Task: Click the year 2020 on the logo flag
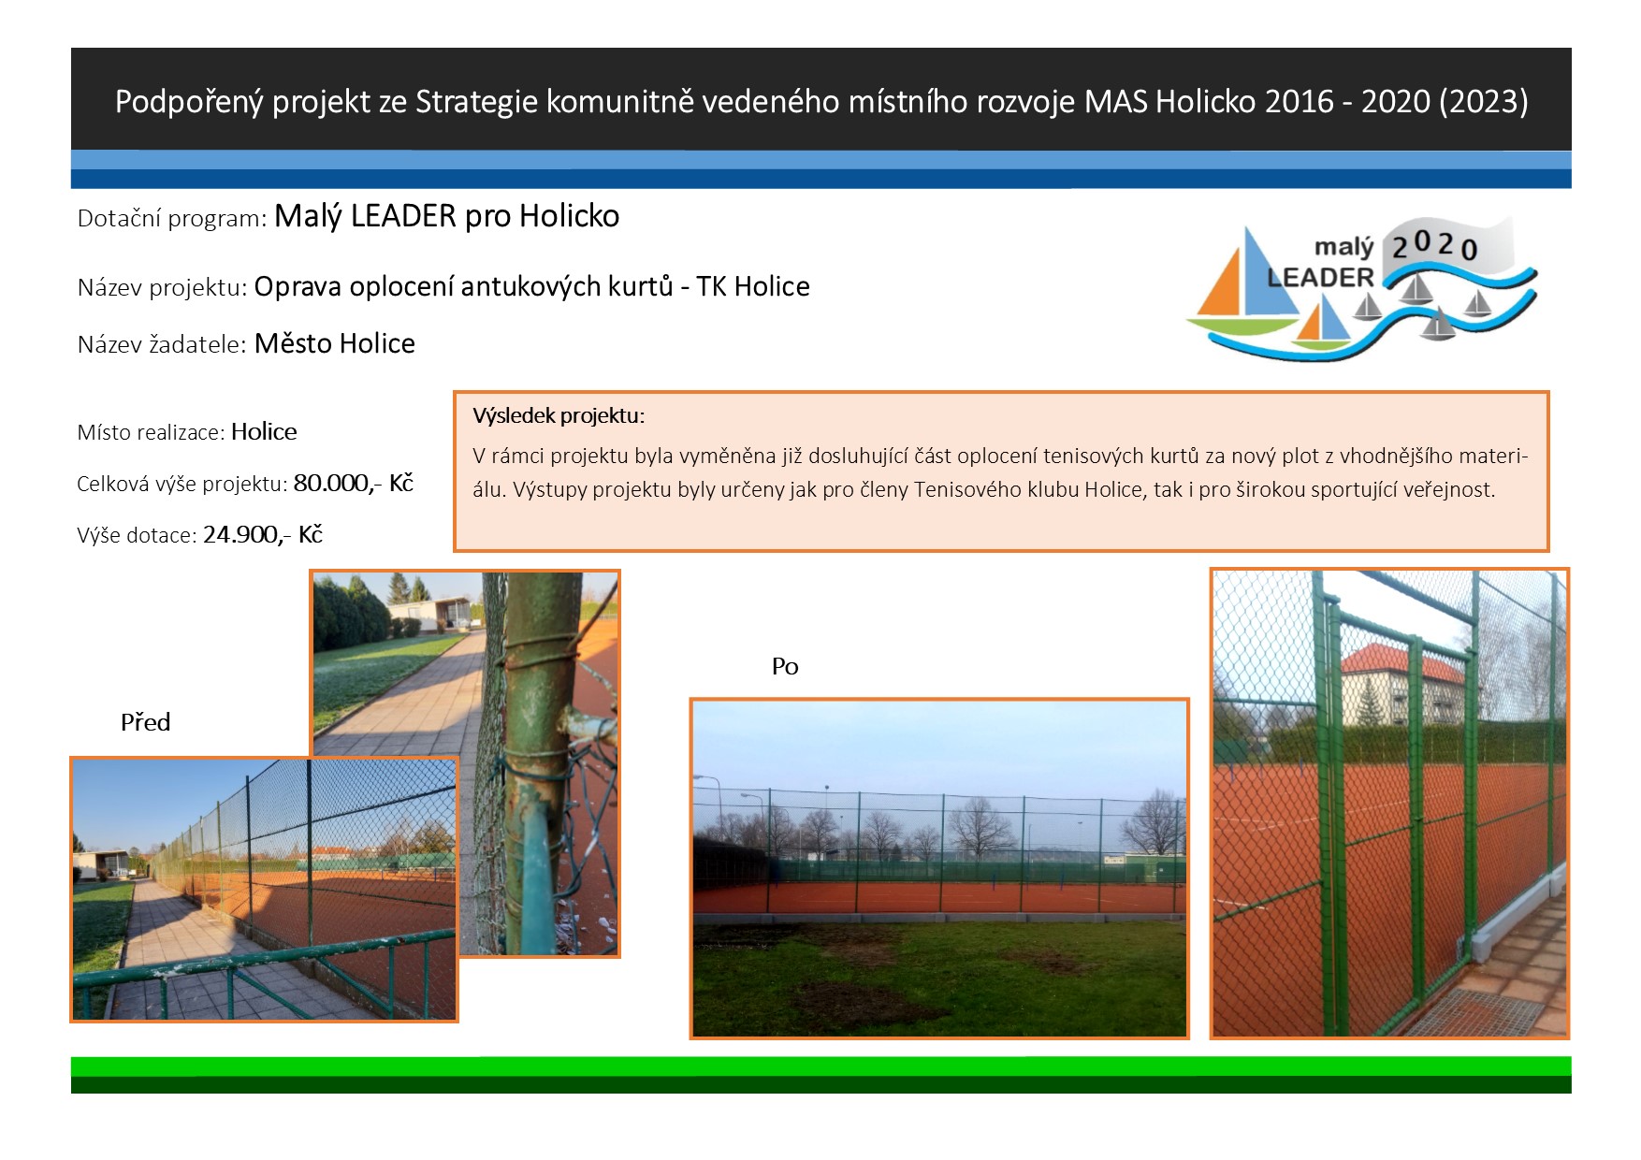click(x=1434, y=246)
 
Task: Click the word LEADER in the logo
click(x=1320, y=278)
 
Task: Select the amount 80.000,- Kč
click(x=354, y=483)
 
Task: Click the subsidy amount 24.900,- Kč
click(x=263, y=534)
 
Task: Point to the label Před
click(x=145, y=722)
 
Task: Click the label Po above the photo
click(x=785, y=666)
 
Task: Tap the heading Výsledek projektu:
click(x=559, y=415)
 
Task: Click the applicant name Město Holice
click(x=335, y=343)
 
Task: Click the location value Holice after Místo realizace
click(x=264, y=431)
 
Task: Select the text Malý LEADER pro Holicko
click(x=446, y=216)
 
